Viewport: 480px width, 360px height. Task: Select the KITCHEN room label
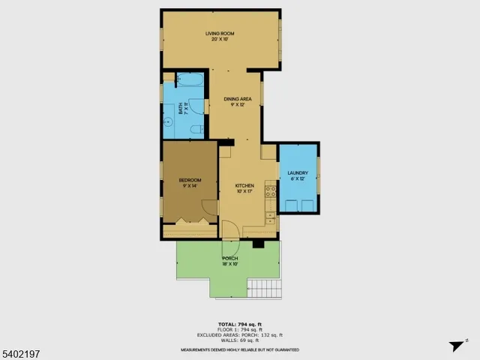(244, 186)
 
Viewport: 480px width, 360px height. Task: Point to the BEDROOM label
(190, 180)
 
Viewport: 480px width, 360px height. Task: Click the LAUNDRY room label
(298, 174)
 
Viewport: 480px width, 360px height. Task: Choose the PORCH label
(229, 259)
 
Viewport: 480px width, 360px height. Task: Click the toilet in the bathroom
(197, 130)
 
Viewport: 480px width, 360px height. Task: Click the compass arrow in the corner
(454, 346)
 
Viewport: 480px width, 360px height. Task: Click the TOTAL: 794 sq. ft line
(239, 324)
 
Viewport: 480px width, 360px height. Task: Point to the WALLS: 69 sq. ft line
(239, 340)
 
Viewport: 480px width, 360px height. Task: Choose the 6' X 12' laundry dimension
(298, 180)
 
